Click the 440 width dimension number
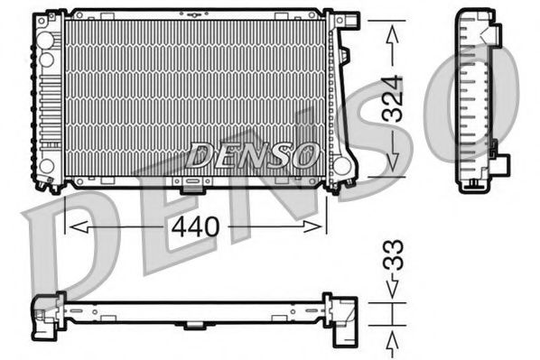pyautogui.click(x=194, y=226)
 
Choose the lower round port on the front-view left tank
pyautogui.click(x=46, y=166)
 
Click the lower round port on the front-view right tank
pyautogui.click(x=341, y=166)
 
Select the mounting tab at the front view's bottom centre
pyautogui.click(x=192, y=188)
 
